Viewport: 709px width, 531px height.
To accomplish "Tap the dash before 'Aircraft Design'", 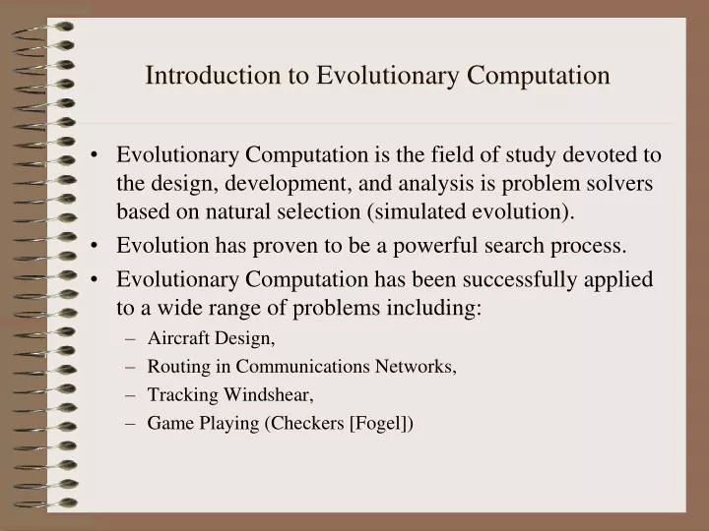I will pos(131,339).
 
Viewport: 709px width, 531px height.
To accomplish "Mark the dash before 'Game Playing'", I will pos(131,424).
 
